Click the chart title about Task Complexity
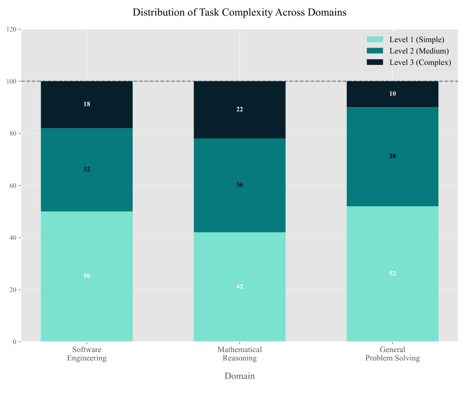tap(240, 12)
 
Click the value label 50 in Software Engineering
tap(87, 276)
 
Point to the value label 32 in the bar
tap(87, 169)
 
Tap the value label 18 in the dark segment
tap(87, 104)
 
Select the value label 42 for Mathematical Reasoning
tap(240, 287)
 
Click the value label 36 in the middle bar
tap(240, 185)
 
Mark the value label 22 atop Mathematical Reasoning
tap(240, 109)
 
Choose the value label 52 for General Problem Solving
tap(392, 273)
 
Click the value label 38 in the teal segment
tap(392, 156)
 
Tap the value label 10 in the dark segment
tap(392, 94)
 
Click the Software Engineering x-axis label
tap(87, 354)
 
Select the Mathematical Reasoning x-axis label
tap(240, 354)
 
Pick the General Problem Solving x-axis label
tap(392, 354)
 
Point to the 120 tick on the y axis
tap(11, 29)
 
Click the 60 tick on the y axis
tap(12, 185)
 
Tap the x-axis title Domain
tap(240, 376)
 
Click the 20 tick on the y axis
tap(12, 289)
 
